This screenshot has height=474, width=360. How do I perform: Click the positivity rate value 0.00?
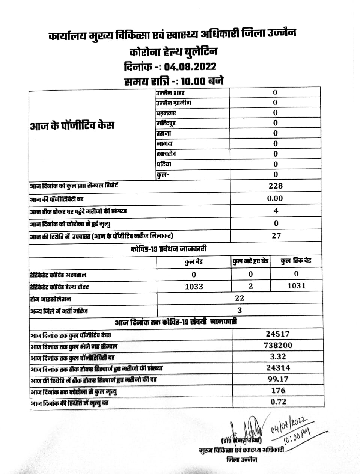click(x=276, y=198)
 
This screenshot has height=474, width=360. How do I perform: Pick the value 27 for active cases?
click(x=276, y=236)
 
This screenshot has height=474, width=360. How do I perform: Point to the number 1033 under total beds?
click(x=194, y=287)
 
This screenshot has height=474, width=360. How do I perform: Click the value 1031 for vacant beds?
click(x=296, y=286)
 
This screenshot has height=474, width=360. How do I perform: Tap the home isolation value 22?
click(x=239, y=298)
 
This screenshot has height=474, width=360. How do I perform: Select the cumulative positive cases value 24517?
click(x=277, y=334)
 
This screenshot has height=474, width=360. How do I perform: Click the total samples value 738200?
click(x=278, y=345)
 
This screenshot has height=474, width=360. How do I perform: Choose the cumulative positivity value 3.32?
click(x=277, y=356)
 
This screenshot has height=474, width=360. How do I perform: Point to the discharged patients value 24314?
click(x=278, y=368)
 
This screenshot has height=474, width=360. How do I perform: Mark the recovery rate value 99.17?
click(x=278, y=379)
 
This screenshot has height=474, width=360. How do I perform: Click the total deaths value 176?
click(x=278, y=391)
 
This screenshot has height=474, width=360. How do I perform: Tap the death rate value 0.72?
click(x=278, y=402)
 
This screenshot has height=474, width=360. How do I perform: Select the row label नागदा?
click(x=164, y=144)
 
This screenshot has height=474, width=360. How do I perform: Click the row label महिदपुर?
click(x=166, y=123)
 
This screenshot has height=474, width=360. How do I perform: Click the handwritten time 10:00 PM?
click(x=297, y=436)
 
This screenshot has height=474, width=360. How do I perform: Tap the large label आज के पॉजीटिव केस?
click(x=72, y=125)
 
